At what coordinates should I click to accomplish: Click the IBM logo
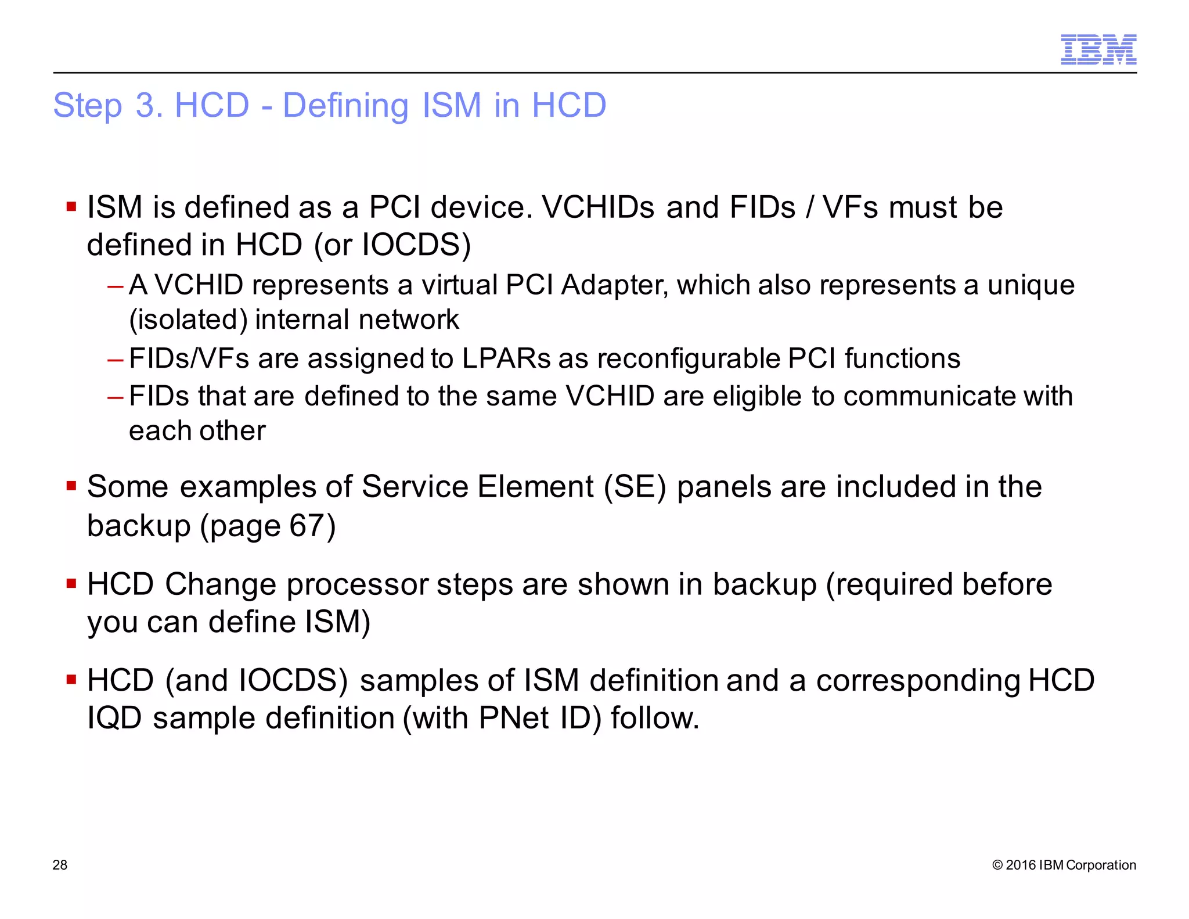tap(1098, 49)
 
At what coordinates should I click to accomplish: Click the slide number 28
tap(60, 865)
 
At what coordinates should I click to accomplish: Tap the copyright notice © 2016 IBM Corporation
tap(1064, 865)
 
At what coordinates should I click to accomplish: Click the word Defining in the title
tap(345, 106)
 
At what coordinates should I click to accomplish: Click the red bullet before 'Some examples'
tap(71, 486)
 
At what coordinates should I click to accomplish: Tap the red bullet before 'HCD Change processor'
tap(71, 583)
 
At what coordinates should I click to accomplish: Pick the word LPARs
tap(506, 358)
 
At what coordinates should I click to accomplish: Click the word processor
tap(357, 584)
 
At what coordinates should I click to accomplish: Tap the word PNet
tap(514, 718)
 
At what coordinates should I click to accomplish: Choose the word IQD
tap(114, 718)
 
